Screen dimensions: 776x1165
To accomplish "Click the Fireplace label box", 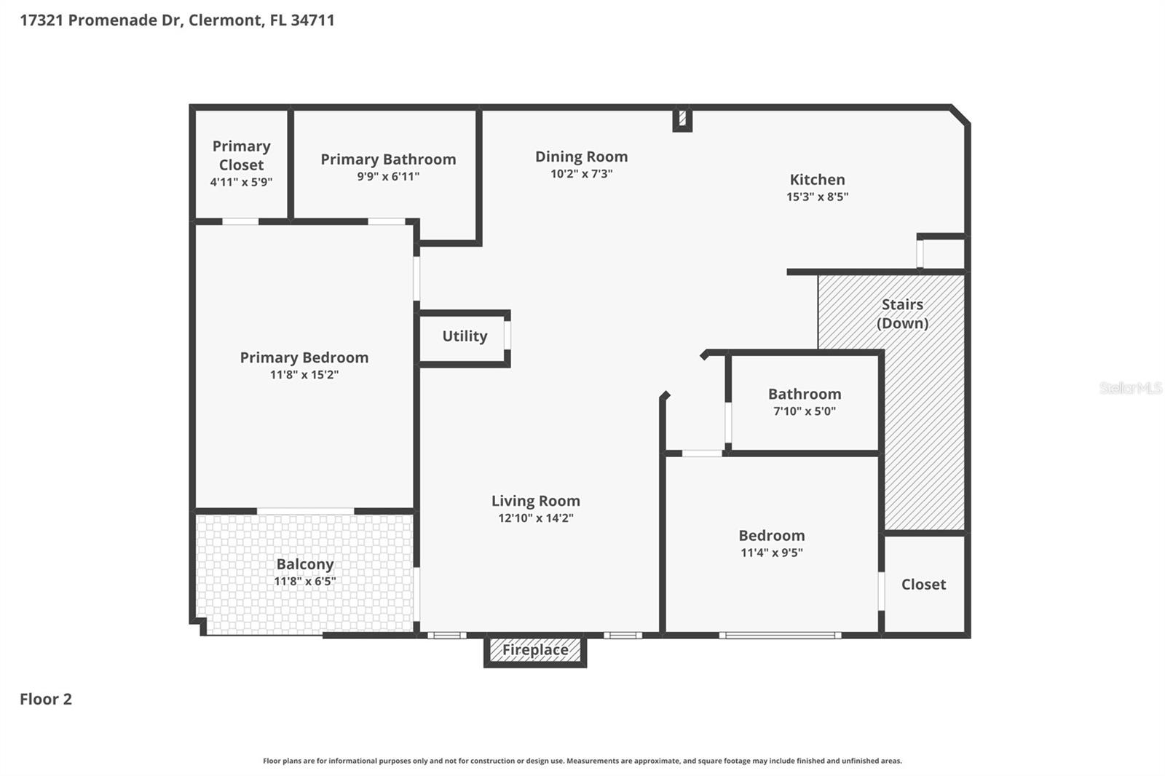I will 535,650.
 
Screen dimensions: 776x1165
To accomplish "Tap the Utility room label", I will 465,336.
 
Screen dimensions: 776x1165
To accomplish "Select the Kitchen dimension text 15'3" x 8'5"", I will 817,197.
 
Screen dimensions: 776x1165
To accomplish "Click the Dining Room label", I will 581,157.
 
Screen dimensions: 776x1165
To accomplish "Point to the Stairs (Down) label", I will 902,314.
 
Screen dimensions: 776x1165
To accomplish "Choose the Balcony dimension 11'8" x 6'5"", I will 304,581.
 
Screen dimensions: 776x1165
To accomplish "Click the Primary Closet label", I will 241,156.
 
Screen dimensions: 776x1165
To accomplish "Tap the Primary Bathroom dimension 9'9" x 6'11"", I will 388,176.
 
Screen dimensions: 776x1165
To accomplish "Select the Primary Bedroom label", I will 304,357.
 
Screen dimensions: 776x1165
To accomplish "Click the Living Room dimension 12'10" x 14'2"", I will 535,518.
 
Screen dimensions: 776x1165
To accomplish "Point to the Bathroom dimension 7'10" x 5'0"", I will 804,411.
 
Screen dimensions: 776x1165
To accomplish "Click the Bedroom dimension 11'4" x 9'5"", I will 771,553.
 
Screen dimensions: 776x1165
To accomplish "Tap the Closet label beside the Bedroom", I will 923,585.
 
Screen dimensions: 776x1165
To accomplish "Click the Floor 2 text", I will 46,700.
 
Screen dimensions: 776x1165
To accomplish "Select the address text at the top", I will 177,20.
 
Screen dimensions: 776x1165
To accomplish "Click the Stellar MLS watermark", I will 1130,388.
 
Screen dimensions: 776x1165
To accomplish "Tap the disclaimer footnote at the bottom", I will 582,761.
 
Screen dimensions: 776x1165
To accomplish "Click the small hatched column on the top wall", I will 682,118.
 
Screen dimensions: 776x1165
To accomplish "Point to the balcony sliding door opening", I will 305,511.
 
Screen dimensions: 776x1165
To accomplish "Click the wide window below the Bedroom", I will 780,636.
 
